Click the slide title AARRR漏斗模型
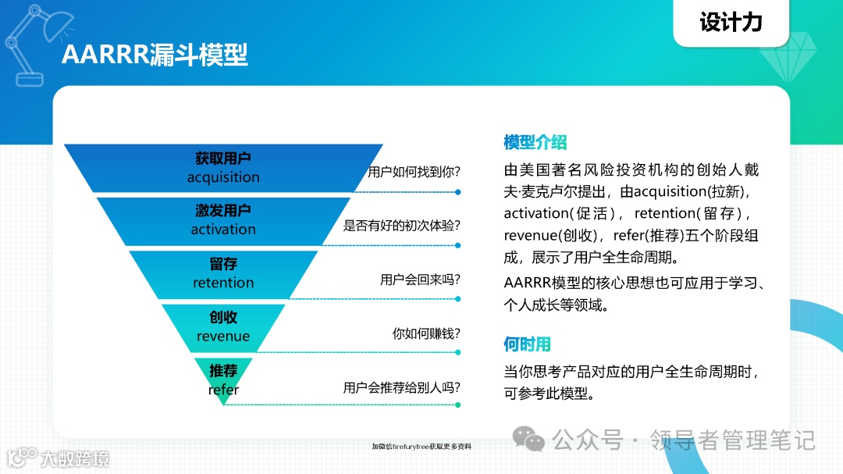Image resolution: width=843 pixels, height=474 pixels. pyautogui.click(x=155, y=55)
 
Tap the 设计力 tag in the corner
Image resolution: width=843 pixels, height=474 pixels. pyautogui.click(x=731, y=22)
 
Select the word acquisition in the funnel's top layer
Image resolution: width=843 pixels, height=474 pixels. pyautogui.click(x=223, y=177)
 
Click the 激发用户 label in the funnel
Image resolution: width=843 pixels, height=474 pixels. pyautogui.click(x=223, y=211)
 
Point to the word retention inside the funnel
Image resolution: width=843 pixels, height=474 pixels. pyautogui.click(x=223, y=283)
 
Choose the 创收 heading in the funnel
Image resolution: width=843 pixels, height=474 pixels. pyautogui.click(x=223, y=318)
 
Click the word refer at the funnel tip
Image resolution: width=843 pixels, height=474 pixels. pyautogui.click(x=223, y=390)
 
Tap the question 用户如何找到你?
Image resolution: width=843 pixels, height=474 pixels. pyautogui.click(x=414, y=172)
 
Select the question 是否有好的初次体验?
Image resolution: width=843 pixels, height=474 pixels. pyautogui.click(x=401, y=226)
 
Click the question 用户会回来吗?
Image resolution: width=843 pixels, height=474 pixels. pyautogui.click(x=420, y=280)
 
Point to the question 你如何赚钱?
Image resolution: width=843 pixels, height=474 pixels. pyautogui.click(x=426, y=333)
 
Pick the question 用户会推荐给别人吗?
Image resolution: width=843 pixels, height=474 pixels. pyautogui.click(x=401, y=387)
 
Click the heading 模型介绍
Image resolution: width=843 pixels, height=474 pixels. pyautogui.click(x=535, y=142)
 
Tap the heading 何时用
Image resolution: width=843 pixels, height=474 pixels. pyautogui.click(x=527, y=344)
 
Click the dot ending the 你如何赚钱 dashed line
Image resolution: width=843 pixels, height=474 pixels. pyautogui.click(x=458, y=351)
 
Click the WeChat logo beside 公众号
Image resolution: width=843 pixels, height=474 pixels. pyautogui.click(x=534, y=441)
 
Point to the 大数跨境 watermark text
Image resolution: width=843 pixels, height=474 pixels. pyautogui.click(x=76, y=458)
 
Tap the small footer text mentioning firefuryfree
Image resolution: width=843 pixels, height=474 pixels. pyautogui.click(x=421, y=447)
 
